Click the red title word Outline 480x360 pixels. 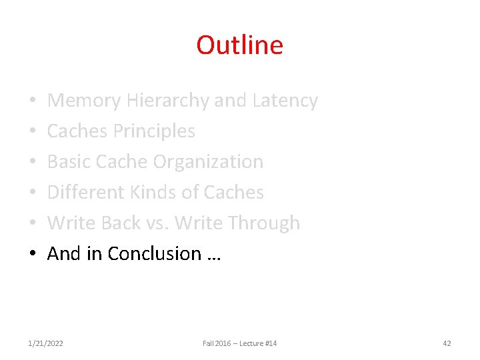point(239,45)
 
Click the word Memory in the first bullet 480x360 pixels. point(84,101)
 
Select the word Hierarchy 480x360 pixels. point(167,101)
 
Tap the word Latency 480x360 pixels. point(285,101)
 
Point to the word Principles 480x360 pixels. point(154,131)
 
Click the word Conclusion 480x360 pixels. point(154,254)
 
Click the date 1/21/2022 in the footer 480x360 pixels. point(46,343)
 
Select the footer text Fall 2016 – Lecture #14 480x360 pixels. point(239,343)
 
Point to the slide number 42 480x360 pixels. point(447,343)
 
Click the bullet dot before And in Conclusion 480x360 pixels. point(33,255)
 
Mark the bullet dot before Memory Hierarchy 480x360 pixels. point(33,101)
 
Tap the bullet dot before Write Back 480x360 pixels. point(33,224)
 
